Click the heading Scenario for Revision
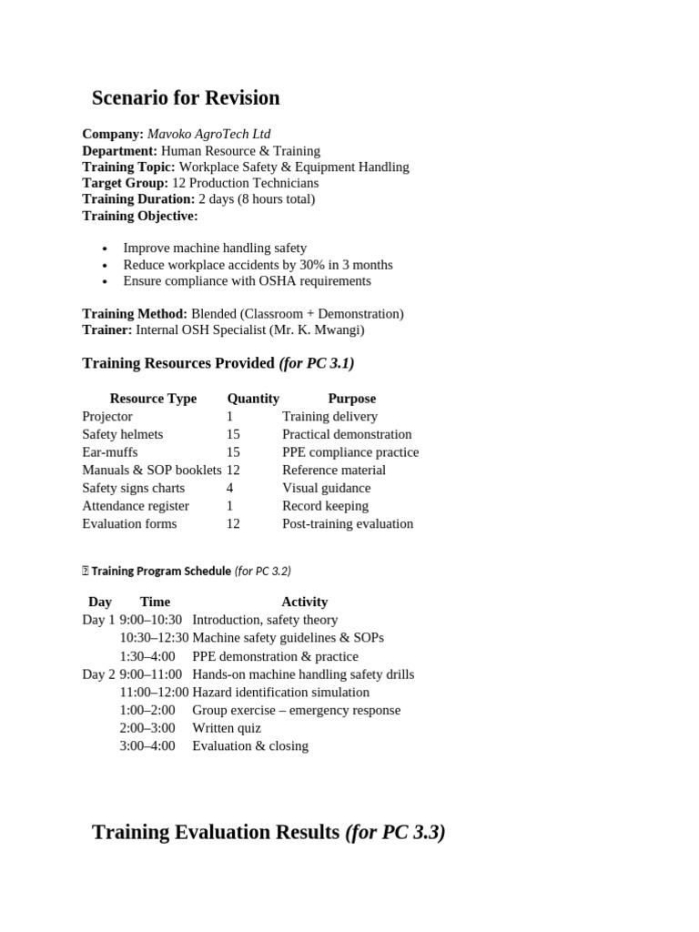pyautogui.click(x=186, y=98)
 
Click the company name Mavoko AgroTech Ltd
pyautogui.click(x=208, y=134)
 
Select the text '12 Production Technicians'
pyautogui.click(x=245, y=183)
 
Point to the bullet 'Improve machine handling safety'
pyautogui.click(x=215, y=248)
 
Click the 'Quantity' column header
pyautogui.click(x=253, y=399)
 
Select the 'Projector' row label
pyautogui.click(x=107, y=416)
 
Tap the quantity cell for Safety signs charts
pyautogui.click(x=230, y=488)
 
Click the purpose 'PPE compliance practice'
pyautogui.click(x=350, y=452)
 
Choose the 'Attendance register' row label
pyautogui.click(x=136, y=506)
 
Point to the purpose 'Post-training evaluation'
pyautogui.click(x=348, y=523)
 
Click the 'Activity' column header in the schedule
pyautogui.click(x=304, y=602)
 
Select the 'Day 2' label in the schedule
pyautogui.click(x=98, y=674)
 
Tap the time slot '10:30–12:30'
pyautogui.click(x=154, y=638)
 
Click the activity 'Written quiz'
pyautogui.click(x=227, y=728)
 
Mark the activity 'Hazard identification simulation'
pyautogui.click(x=280, y=692)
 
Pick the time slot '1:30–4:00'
pyautogui.click(x=147, y=656)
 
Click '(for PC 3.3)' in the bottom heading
pyautogui.click(x=395, y=832)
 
